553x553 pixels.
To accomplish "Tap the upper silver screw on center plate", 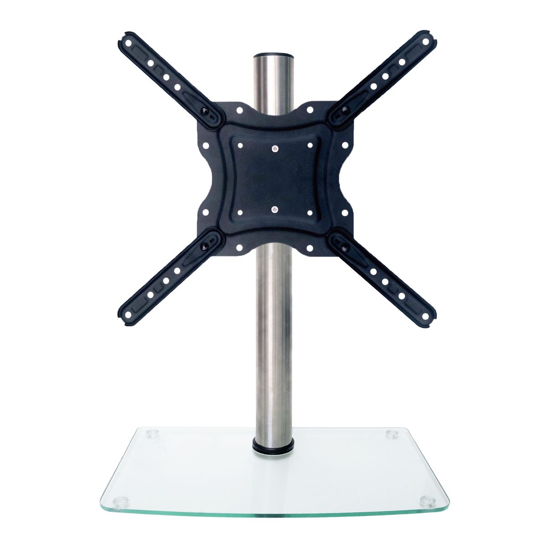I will [275, 148].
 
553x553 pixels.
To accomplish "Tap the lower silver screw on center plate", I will [275, 209].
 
